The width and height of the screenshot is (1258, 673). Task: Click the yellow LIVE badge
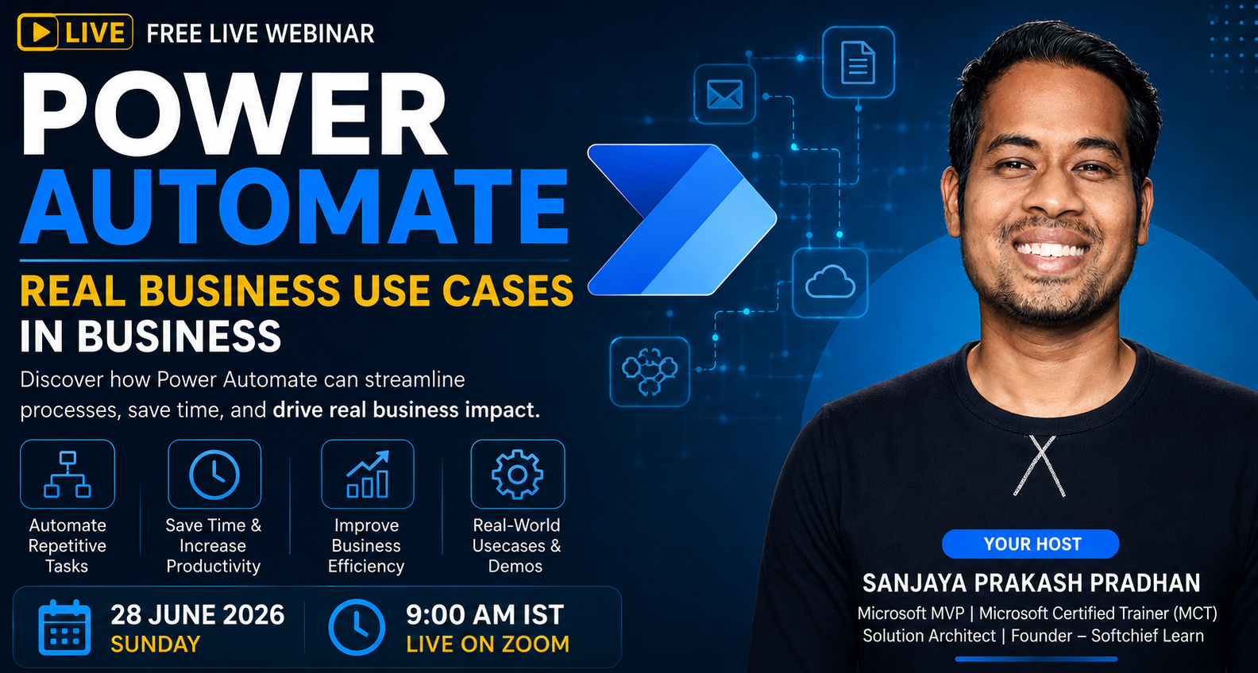75,32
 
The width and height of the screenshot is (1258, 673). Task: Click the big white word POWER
233,114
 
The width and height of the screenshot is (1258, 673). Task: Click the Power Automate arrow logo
681,220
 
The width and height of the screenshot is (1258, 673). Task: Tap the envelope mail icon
724,94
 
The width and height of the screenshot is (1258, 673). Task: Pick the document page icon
859,63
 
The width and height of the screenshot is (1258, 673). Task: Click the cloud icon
830,283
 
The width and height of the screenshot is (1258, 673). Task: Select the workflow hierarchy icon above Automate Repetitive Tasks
68,475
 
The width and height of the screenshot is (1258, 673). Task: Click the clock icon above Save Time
214,475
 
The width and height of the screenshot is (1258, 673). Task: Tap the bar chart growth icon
367,475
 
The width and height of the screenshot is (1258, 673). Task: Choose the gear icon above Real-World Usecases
517,475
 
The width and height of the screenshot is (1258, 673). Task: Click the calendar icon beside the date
64,628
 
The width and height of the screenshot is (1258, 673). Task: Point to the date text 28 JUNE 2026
198,615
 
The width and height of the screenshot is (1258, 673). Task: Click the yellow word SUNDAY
156,644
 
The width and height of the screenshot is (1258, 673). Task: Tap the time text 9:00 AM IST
484,615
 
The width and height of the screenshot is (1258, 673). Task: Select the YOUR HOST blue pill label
1031,544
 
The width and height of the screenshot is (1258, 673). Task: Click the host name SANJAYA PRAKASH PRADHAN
1031,583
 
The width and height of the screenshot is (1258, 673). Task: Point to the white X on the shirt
1040,466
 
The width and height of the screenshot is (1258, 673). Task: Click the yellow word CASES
507,291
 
